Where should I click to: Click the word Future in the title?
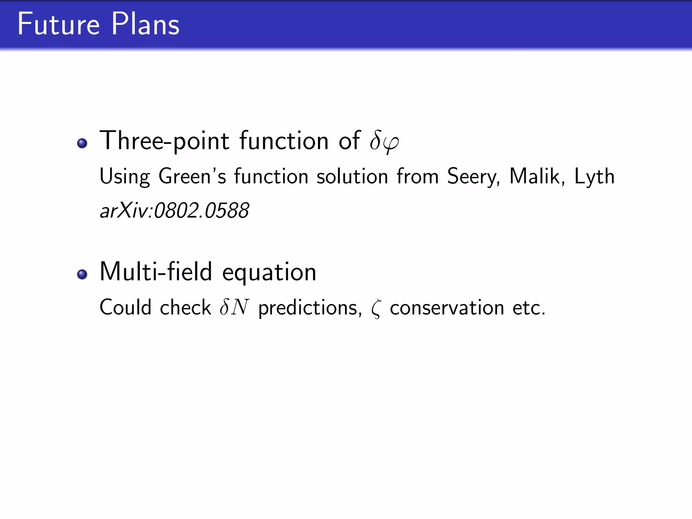pos(58,24)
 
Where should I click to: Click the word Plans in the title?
pos(145,24)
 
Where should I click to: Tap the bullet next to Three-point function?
pos(82,143)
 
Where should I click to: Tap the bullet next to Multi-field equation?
pos(82,274)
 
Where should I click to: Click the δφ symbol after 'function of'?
pos(384,141)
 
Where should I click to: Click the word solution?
pos(352,176)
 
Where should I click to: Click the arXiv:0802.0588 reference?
pos(174,211)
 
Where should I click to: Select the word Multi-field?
pos(156,272)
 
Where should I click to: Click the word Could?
pos(125,307)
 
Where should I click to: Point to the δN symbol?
pos(234,307)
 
